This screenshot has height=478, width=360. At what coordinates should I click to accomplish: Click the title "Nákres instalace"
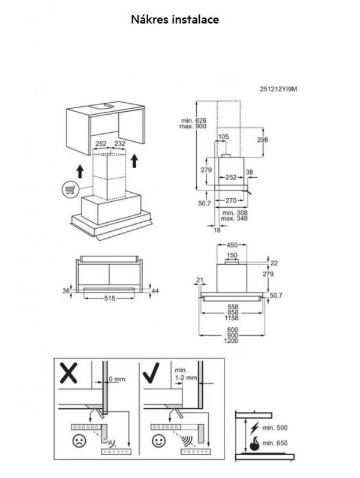pos(175,20)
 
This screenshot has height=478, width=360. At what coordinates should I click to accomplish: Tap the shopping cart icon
pos(70,189)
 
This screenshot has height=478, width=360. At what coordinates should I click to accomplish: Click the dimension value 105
pos(223,138)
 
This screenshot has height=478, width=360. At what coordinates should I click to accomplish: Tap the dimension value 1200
pos(230,341)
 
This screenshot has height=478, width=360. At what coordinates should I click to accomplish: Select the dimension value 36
pos(66,291)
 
